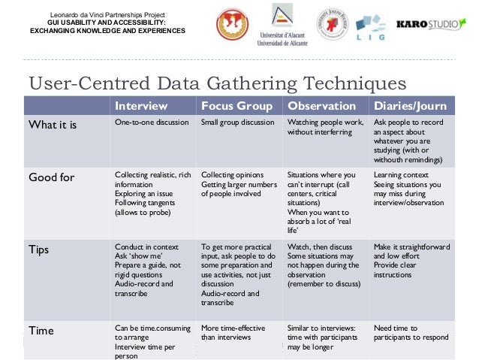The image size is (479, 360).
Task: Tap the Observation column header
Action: coord(322,106)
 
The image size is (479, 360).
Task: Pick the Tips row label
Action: coord(38,249)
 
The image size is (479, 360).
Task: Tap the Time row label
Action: coord(41,329)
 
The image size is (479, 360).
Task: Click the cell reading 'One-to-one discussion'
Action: coord(152,123)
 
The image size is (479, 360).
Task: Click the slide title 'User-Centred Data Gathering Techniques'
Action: coord(216,83)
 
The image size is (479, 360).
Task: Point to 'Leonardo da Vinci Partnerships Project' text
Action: coord(107,15)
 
